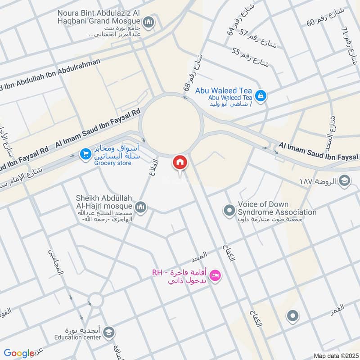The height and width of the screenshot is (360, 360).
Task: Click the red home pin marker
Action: tap(180, 163)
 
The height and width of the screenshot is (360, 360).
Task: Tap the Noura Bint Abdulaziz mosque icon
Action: tap(148, 22)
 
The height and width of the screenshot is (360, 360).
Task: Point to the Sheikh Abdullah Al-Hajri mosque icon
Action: tap(141, 207)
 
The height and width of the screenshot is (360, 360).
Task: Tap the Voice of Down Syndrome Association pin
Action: tap(229, 210)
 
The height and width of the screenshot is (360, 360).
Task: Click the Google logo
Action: tap(19, 353)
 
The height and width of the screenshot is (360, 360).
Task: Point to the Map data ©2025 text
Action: tap(335, 355)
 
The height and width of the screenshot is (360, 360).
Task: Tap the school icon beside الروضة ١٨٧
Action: tap(344, 181)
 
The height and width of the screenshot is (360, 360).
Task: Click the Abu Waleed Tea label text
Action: tap(223, 90)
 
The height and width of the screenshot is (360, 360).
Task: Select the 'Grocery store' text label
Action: tap(112, 163)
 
